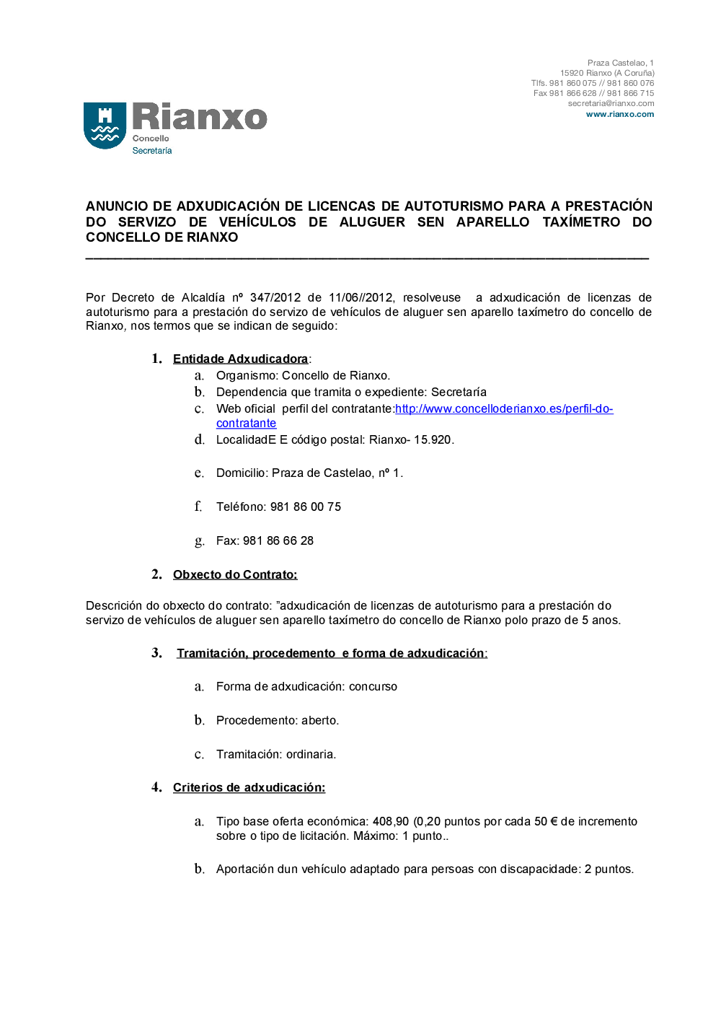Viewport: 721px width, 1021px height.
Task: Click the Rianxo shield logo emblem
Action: [x=105, y=126]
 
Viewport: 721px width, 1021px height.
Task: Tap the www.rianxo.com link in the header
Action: [x=619, y=114]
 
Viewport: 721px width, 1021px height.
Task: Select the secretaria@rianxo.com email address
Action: [x=611, y=103]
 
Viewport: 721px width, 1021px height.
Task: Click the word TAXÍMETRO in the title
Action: [x=581, y=222]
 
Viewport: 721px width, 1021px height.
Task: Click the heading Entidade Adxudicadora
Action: [x=240, y=359]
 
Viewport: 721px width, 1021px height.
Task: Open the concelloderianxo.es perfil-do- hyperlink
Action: [x=504, y=409]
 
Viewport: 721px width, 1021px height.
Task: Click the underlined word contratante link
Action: [x=246, y=424]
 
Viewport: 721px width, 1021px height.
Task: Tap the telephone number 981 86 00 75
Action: [x=306, y=507]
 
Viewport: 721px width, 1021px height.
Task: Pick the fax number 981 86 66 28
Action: [x=278, y=541]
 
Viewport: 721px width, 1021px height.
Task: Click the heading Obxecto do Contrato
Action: [x=235, y=575]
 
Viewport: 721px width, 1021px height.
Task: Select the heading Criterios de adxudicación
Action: [x=249, y=788]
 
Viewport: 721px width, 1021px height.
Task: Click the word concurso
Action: [x=373, y=687]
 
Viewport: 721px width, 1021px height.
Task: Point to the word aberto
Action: [x=319, y=721]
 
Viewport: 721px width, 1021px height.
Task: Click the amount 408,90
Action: [x=391, y=822]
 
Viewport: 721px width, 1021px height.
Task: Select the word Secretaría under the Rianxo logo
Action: [x=152, y=151]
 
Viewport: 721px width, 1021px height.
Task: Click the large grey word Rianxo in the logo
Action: [x=200, y=117]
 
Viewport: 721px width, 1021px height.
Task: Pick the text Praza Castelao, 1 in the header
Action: [x=620, y=63]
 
